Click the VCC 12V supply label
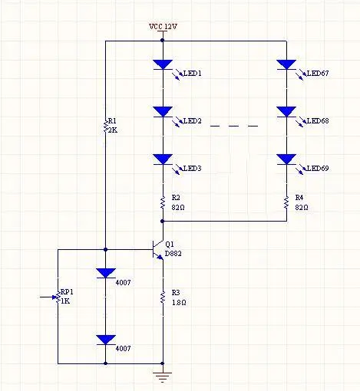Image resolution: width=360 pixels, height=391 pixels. point(163,26)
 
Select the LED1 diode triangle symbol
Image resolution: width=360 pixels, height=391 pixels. point(163,64)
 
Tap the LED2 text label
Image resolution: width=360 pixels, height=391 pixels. point(193,120)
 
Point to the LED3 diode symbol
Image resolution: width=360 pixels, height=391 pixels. point(163,159)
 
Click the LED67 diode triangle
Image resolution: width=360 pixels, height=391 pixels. point(286,64)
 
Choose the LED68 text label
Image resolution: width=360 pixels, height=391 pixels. point(318,120)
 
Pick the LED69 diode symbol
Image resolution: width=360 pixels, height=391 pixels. point(286,159)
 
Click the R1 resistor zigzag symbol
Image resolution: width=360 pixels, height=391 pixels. point(105,126)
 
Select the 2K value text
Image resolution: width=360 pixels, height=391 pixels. point(113,130)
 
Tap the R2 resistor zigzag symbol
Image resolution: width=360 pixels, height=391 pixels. point(163,202)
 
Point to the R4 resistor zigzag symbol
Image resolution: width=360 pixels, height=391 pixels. point(286,202)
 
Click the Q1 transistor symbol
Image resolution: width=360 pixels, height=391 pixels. point(157,250)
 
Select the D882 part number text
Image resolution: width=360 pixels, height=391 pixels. point(173,254)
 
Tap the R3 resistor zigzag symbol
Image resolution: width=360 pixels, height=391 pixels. point(163,297)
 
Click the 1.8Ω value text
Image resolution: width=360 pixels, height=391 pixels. point(179,302)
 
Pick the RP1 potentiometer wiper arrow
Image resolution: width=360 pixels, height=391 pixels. point(48,297)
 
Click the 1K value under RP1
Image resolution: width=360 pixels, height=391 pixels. point(65,301)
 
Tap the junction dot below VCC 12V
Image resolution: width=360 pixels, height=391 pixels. point(162,40)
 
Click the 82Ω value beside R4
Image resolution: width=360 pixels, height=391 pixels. point(302,207)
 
